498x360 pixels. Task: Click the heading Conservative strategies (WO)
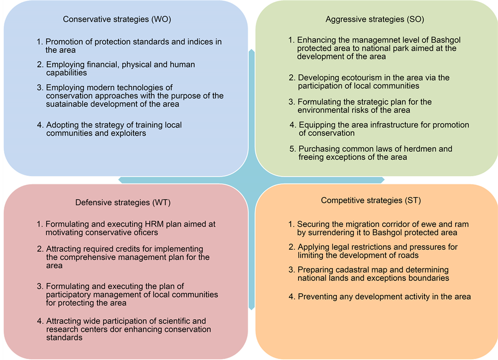[117, 19]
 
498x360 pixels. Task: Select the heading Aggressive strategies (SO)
[375, 19]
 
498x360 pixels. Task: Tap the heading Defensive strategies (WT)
[123, 203]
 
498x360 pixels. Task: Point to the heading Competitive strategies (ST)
[371, 201]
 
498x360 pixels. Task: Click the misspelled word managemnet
[357, 40]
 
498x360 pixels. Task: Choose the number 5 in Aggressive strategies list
[292, 149]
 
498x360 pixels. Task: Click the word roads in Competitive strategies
[408, 255]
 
